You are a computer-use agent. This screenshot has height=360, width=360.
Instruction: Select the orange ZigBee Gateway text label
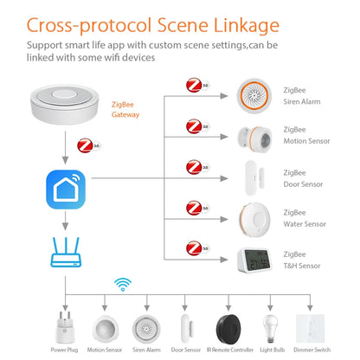click(x=126, y=107)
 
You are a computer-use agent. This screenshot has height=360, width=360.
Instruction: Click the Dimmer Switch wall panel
click(x=319, y=324)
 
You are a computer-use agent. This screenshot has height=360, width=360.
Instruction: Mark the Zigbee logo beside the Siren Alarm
click(x=197, y=86)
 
